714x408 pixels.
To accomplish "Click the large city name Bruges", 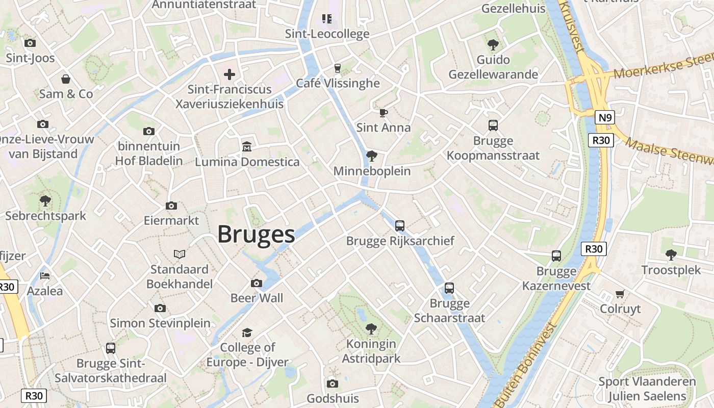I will coord(256,235).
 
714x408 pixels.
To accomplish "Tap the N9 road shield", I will coord(604,118).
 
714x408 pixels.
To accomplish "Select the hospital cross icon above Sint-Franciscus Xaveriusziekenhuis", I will coord(229,74).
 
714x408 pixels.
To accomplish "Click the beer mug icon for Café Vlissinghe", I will coord(337,68).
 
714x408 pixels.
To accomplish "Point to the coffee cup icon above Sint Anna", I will coord(384,112).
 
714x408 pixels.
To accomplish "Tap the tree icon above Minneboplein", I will coord(372,156).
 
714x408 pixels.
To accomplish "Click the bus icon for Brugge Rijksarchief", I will coord(400,225).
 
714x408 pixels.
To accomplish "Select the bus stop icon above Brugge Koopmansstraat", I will coord(493,125).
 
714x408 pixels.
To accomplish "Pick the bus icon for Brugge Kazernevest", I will coord(556,256).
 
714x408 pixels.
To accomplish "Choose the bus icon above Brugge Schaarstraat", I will coord(449,288).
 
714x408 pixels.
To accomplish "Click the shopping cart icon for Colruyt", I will coord(620,294).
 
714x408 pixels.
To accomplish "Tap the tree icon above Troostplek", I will coord(671,254).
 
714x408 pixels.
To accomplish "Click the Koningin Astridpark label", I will coord(371,351).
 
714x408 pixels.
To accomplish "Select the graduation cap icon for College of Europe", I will coord(247,333).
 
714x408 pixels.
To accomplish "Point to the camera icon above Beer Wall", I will coord(257,283).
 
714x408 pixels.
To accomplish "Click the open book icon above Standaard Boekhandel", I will coord(180,254).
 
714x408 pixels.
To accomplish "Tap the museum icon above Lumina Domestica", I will coord(247,146).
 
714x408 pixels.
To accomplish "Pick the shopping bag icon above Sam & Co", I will coord(66,79).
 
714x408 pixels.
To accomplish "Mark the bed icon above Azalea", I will coord(45,276).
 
